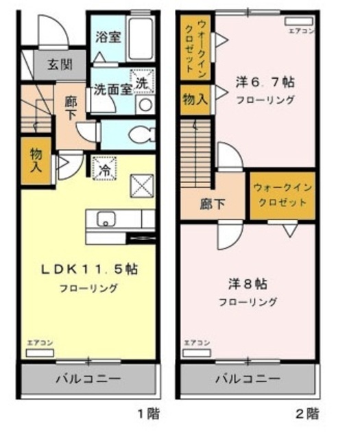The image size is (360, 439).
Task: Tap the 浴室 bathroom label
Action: click(x=108, y=36)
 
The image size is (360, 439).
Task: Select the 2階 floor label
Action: click(x=307, y=414)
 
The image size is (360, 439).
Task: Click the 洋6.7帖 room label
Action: click(x=265, y=82)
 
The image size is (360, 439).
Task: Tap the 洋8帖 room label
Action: click(x=248, y=283)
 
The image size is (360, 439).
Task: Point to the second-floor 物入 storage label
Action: click(x=195, y=99)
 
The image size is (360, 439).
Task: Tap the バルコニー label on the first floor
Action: click(x=88, y=379)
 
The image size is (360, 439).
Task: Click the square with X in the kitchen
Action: click(x=143, y=184)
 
